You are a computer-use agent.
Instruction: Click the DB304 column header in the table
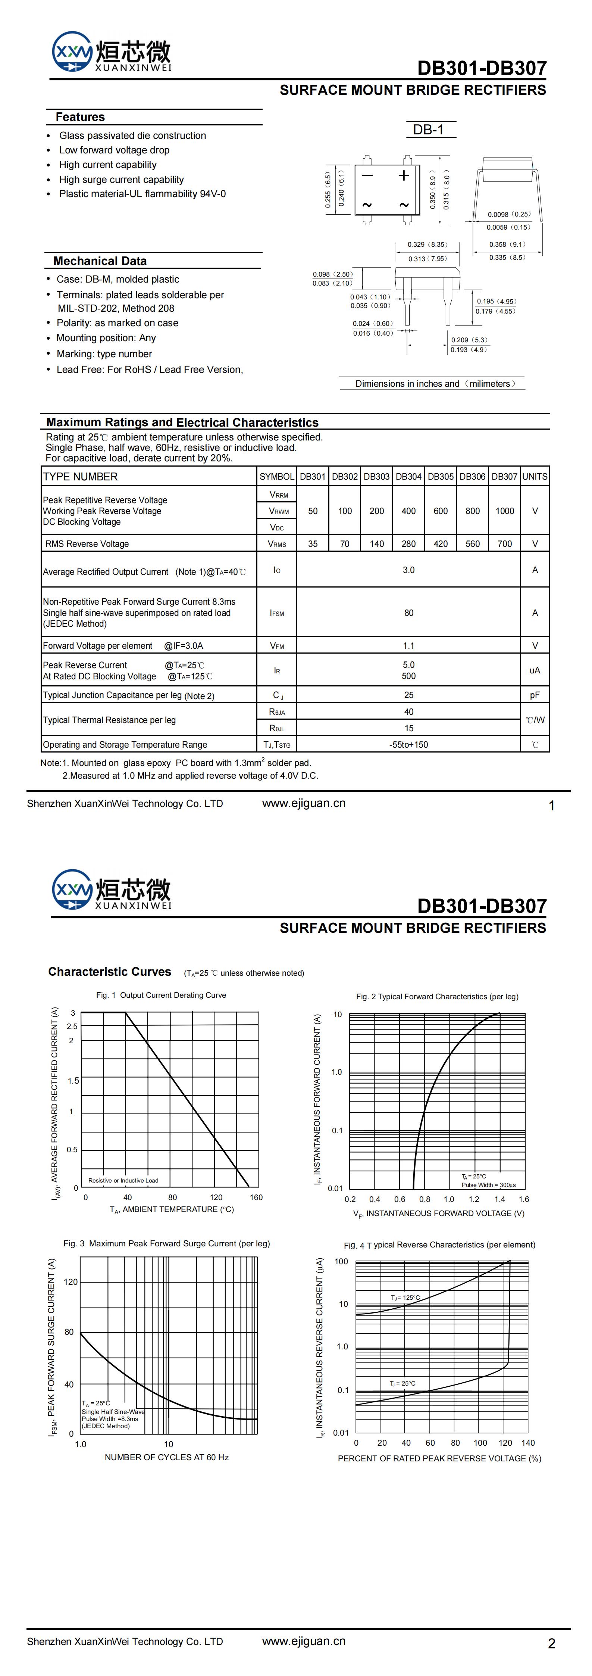[408, 476]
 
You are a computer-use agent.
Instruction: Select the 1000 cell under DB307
[505, 511]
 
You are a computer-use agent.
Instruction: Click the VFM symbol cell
[277, 645]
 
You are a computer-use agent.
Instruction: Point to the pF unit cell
[535, 695]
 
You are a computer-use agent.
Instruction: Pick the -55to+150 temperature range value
[408, 744]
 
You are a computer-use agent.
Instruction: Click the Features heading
[80, 117]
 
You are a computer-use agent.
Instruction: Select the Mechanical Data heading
[100, 261]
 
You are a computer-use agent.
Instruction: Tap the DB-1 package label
[428, 130]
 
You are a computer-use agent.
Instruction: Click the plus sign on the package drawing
[404, 175]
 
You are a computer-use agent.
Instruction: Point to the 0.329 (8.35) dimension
[427, 244]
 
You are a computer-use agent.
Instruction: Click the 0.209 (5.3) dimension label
[469, 340]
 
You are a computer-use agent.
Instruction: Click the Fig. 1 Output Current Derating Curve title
[162, 995]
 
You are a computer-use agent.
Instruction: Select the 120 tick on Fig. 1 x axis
[216, 1197]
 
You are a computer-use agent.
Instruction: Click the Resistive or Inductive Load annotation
[123, 1180]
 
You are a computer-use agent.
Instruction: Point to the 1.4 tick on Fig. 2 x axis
[499, 1199]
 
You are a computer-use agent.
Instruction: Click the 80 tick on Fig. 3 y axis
[69, 1332]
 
